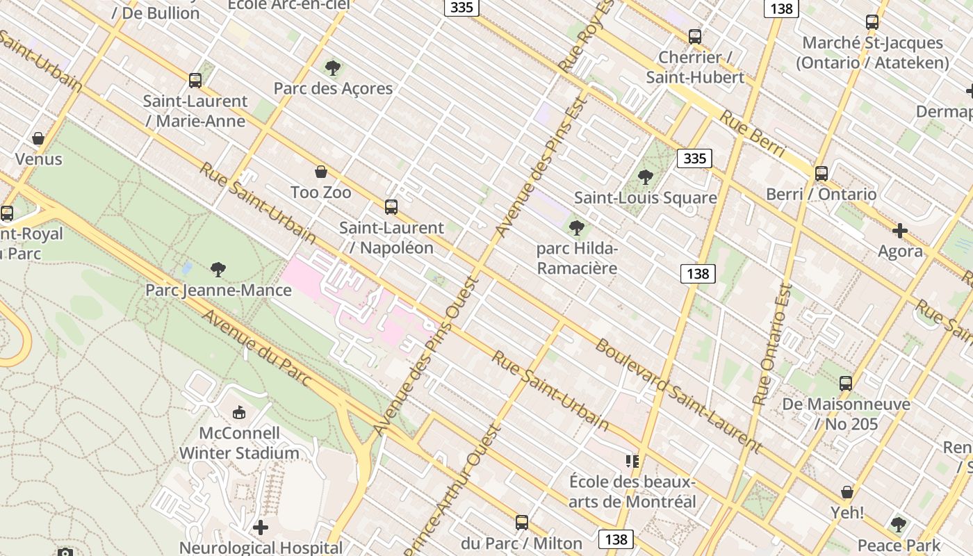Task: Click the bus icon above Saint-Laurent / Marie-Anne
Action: click(x=195, y=81)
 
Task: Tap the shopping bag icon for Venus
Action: click(x=38, y=138)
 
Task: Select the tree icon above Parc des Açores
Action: click(x=333, y=68)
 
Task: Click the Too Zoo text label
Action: click(x=320, y=192)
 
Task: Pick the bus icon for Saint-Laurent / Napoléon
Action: click(x=391, y=207)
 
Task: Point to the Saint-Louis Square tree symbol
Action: click(x=646, y=177)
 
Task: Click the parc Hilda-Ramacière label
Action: click(x=577, y=258)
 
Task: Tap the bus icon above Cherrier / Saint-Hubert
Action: click(x=694, y=37)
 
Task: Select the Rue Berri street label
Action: click(x=752, y=135)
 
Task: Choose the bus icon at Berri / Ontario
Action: click(x=821, y=174)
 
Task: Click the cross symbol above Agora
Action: click(x=900, y=231)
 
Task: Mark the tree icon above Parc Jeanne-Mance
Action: click(x=218, y=269)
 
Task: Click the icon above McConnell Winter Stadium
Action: click(x=239, y=413)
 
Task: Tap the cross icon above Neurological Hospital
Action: click(x=261, y=528)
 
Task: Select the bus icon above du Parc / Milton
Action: click(x=522, y=523)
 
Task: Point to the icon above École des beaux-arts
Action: click(x=632, y=461)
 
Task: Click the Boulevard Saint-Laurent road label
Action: click(x=678, y=393)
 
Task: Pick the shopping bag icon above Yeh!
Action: click(x=847, y=492)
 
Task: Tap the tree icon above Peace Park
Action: click(x=899, y=525)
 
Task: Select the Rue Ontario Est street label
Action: click(x=772, y=345)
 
